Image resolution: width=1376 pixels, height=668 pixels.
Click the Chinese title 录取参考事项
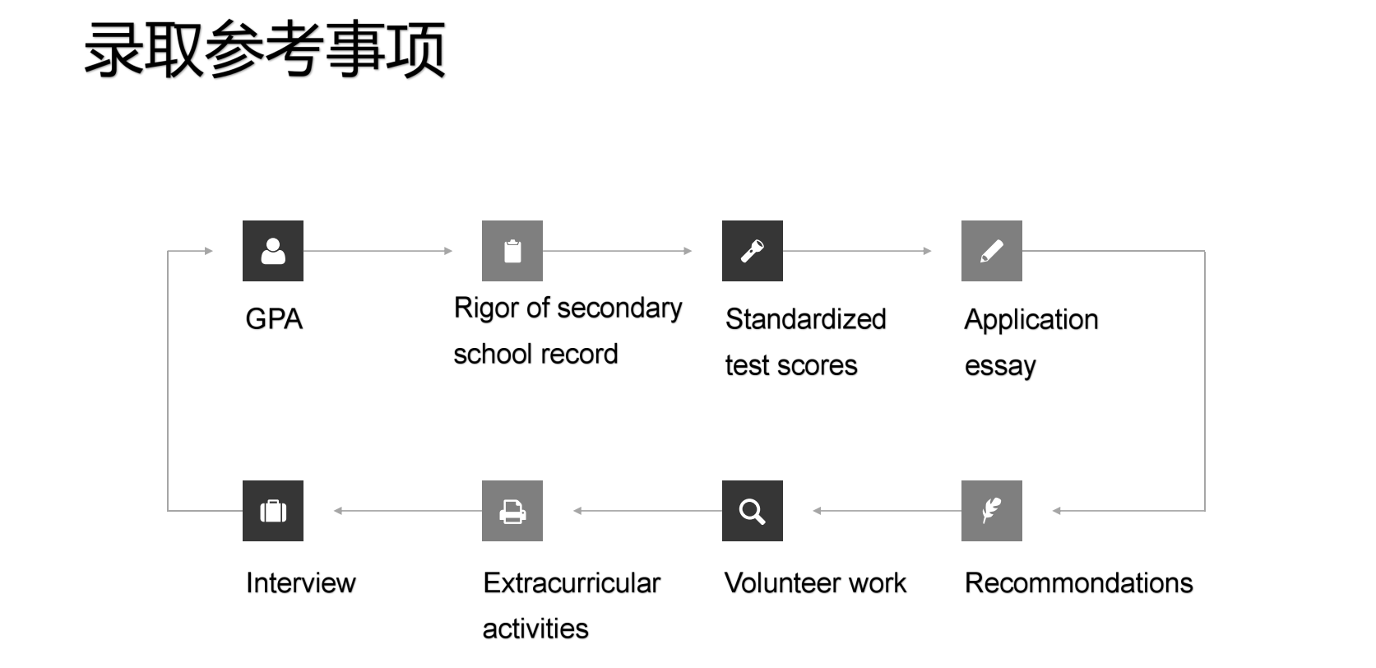(x=265, y=49)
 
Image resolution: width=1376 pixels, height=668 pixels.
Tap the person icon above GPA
(x=273, y=251)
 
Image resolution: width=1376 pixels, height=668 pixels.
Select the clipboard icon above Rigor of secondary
(x=512, y=251)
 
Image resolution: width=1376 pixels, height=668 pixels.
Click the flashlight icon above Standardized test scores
(x=753, y=251)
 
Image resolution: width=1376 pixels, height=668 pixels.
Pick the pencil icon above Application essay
(x=992, y=251)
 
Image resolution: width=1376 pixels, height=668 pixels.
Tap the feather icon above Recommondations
(x=992, y=511)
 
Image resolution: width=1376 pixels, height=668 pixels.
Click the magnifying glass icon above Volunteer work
(x=753, y=511)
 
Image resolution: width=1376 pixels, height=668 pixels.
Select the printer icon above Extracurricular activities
(x=512, y=511)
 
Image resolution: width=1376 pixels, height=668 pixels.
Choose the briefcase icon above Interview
(x=273, y=511)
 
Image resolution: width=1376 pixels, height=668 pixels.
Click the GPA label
(x=274, y=319)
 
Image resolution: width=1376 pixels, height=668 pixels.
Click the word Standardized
(x=806, y=319)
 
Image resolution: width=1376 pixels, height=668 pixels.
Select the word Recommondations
(x=1079, y=582)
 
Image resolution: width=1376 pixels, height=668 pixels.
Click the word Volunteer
(x=781, y=582)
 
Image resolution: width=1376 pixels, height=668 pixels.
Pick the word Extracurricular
(x=572, y=582)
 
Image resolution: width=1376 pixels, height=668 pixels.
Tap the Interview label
(x=301, y=582)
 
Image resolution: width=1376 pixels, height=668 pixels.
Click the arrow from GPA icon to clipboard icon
(x=378, y=251)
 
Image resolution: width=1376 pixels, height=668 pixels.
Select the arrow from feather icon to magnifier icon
(x=887, y=511)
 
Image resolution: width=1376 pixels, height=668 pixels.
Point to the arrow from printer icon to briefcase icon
(x=408, y=511)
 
